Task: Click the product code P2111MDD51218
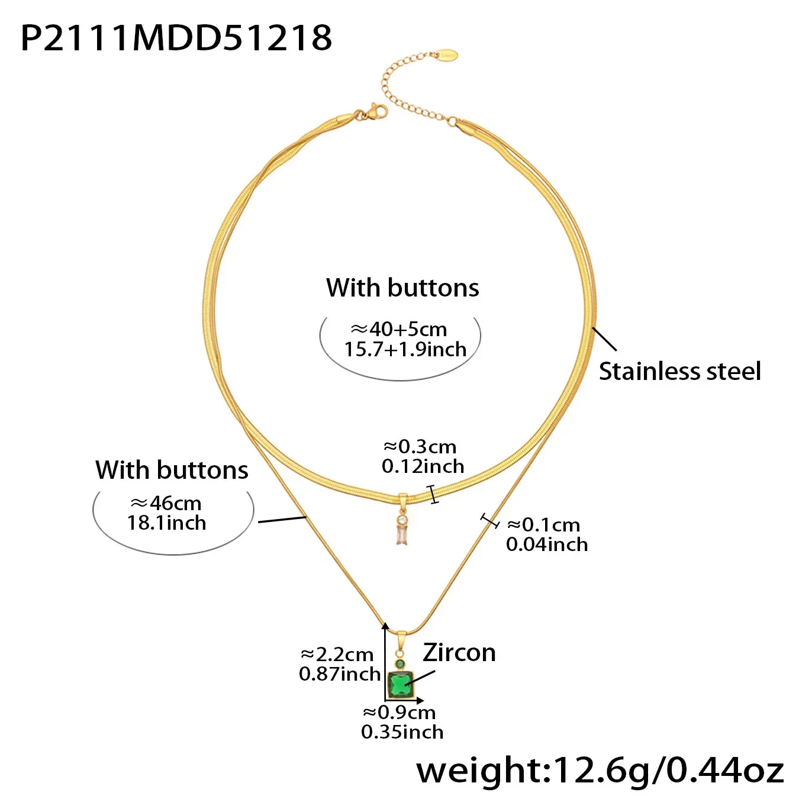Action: click(x=176, y=38)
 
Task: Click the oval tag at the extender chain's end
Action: click(x=447, y=55)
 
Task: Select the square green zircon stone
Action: click(x=401, y=685)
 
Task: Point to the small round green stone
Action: click(x=399, y=664)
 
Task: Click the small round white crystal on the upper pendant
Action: click(x=401, y=520)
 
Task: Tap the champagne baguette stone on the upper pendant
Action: click(x=401, y=535)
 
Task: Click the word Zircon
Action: click(x=459, y=653)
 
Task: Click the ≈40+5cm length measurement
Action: click(x=399, y=329)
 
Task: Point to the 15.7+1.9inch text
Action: click(x=405, y=349)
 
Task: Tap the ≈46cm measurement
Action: click(x=166, y=503)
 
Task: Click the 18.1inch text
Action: click(x=166, y=523)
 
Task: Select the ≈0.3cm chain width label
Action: click(x=420, y=447)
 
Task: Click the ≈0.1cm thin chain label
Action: click(x=543, y=525)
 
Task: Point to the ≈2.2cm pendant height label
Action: click(x=337, y=655)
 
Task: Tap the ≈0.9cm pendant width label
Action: click(x=399, y=713)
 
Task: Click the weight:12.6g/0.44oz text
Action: click(x=600, y=771)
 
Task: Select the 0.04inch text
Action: click(x=547, y=545)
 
